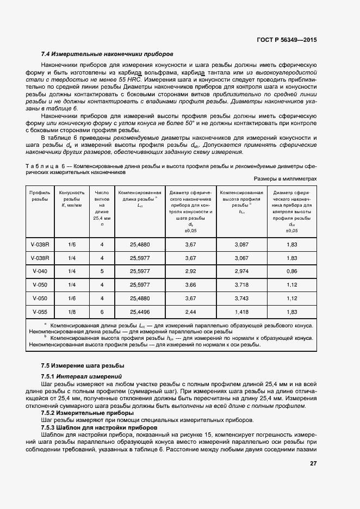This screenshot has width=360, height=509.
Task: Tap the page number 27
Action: coord(313,463)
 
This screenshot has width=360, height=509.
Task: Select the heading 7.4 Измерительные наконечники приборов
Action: coord(107,54)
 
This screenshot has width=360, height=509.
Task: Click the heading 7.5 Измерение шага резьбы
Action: coord(83,365)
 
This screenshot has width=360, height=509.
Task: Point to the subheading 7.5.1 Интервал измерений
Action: coord(81,376)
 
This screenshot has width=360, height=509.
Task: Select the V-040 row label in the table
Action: coord(40,271)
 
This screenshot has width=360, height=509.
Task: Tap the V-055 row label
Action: coord(40,312)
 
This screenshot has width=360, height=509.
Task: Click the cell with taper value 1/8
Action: coord(72,312)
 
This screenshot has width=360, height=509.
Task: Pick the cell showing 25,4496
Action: coord(140,312)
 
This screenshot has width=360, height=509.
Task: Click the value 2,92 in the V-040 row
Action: coord(190,271)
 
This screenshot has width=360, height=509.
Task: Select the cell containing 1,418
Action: coord(241,312)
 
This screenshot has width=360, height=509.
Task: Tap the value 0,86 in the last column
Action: coord(291,271)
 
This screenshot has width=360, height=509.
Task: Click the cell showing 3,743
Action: coord(241,298)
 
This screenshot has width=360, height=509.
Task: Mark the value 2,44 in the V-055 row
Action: coord(190,312)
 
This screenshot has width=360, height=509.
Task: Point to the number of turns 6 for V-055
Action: coord(102,312)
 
